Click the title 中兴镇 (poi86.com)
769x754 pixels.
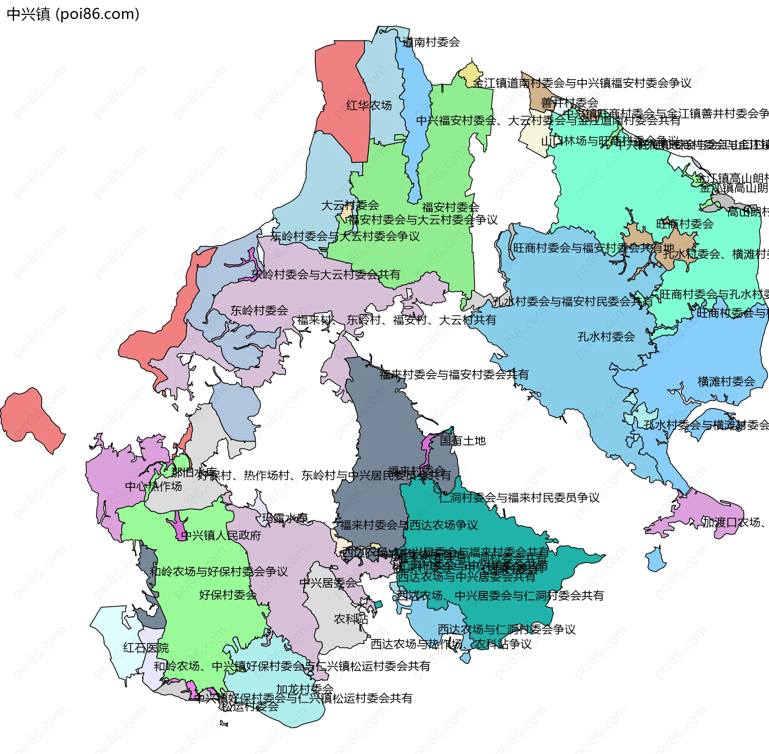click(73, 14)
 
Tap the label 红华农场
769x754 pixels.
click(369, 105)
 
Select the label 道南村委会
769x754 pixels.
click(431, 42)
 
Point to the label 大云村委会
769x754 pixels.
click(350, 205)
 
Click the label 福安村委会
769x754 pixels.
click(451, 207)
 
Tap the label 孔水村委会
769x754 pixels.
click(606, 336)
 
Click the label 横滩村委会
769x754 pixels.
click(726, 381)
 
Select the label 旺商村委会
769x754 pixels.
click(684, 224)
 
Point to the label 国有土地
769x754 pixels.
click(463, 440)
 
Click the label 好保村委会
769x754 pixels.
click(227, 595)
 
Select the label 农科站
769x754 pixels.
click(351, 619)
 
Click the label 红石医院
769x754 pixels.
click(146, 647)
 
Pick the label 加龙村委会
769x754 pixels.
click(304, 689)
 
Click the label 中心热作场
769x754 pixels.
click(153, 486)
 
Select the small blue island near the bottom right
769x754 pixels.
click(656, 560)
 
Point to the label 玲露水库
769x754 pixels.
click(284, 518)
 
